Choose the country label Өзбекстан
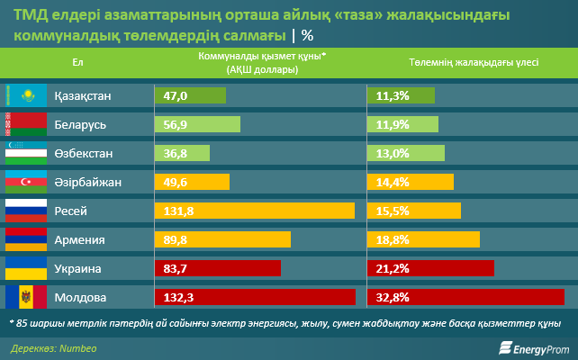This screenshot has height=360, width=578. pos(84,154)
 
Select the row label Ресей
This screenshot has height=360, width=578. pos(71,211)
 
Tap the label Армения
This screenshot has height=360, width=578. pos(80,239)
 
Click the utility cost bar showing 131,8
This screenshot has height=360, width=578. pos(255,211)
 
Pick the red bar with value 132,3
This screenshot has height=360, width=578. pos(256,297)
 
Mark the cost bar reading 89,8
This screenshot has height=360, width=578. pos(223,239)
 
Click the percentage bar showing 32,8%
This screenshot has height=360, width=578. pos(466,297)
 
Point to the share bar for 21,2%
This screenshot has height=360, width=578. pos(431,268)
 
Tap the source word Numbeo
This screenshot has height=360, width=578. pos(80,346)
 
